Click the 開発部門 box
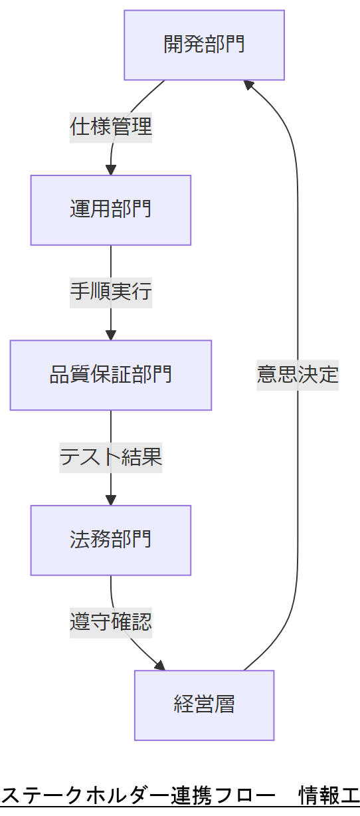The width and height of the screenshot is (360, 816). [204, 45]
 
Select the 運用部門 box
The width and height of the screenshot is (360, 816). [111, 210]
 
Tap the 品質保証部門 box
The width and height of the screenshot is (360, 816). [111, 375]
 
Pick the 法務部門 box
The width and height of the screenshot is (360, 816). [111, 540]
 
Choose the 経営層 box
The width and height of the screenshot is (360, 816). [204, 704]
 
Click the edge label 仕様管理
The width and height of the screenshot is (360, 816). [111, 126]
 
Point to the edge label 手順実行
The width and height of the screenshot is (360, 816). [111, 291]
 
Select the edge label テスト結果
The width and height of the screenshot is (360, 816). [111, 457]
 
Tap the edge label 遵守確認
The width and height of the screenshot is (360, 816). [111, 621]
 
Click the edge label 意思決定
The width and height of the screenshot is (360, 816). [298, 374]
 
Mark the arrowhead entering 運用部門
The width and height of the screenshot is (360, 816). [111, 170]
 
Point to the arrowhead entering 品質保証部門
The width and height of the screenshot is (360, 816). [111, 335]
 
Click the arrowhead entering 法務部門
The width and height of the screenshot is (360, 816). [111, 500]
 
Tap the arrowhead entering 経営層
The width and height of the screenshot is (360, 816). [159, 665]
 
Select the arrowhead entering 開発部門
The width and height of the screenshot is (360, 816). [248, 84]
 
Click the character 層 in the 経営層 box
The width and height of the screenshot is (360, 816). [225, 704]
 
